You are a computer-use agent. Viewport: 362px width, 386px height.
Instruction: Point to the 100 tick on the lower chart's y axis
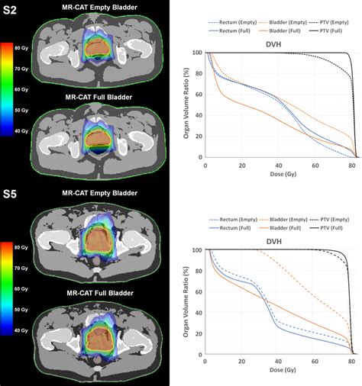pos(198,250)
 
